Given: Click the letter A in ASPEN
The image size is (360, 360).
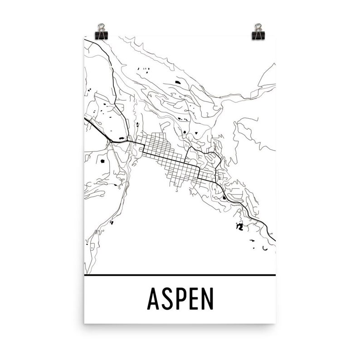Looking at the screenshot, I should pos(153,299).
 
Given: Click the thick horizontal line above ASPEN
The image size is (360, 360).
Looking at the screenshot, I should pos(180,275).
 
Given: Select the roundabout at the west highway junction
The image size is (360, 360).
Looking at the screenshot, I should pos(110,142).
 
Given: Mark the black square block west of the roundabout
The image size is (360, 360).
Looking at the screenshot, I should pos(102,160).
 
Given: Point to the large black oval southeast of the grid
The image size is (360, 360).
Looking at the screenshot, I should pos(224,197).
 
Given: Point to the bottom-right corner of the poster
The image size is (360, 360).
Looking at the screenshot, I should pos(275,323).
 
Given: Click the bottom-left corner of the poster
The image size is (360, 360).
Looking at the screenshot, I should pos(85,323).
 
